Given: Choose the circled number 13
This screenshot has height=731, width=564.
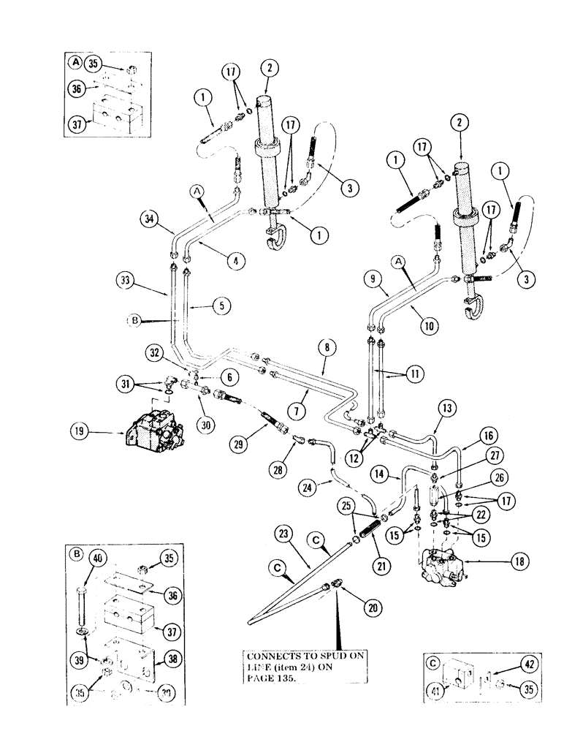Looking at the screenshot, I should (447, 407).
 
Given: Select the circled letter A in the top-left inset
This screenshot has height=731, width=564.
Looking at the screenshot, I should (74, 63).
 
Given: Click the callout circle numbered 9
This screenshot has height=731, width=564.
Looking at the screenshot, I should (372, 279).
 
